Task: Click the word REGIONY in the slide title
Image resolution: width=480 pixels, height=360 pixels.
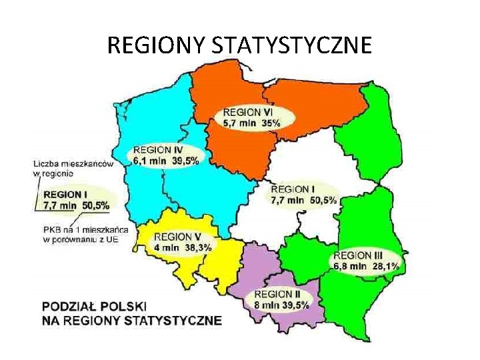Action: (156, 46)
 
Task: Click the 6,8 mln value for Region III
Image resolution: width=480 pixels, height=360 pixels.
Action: (351, 266)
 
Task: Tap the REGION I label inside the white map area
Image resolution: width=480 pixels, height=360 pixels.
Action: (290, 189)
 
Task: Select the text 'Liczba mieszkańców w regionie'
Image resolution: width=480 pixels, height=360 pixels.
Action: (73, 168)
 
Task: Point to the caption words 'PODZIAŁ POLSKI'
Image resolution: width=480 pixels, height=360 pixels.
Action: (93, 307)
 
